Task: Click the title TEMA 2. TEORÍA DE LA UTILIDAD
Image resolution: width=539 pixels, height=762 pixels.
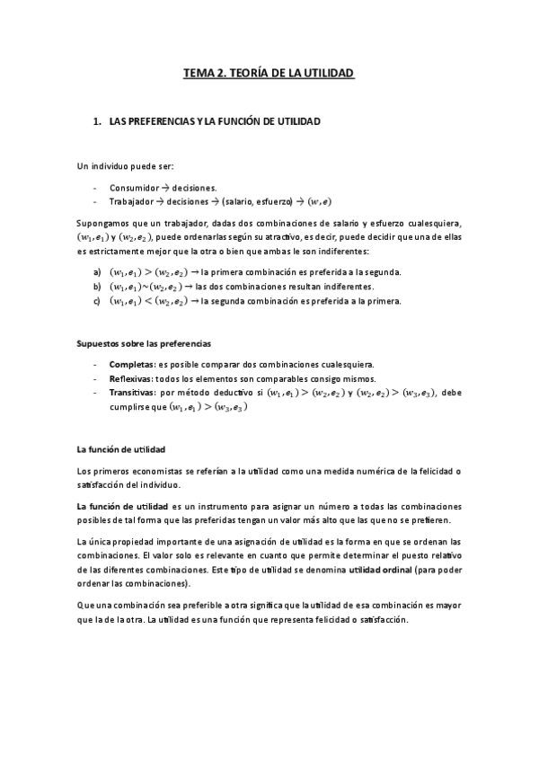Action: (x=269, y=75)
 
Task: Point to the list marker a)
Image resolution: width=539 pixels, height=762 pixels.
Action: (x=97, y=272)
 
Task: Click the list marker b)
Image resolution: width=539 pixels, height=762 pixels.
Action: (x=97, y=286)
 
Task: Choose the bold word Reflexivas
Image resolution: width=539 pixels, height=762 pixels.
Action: (x=134, y=379)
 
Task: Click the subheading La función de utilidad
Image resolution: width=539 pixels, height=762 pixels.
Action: (x=119, y=448)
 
